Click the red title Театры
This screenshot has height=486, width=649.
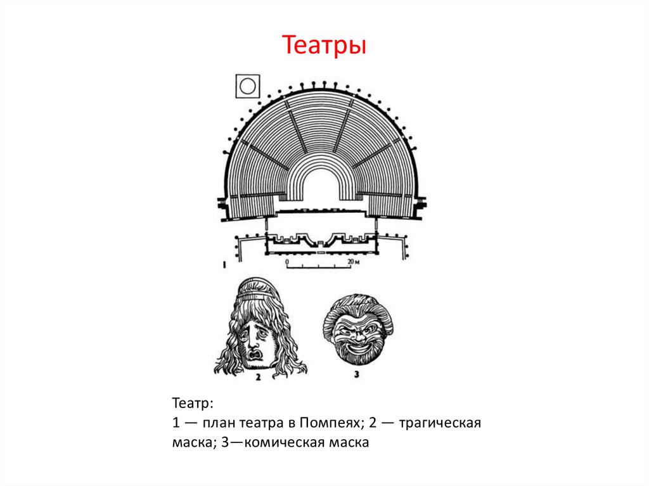[x=324, y=46]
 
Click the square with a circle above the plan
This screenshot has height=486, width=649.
[x=247, y=85]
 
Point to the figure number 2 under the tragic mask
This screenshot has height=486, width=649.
[x=257, y=377]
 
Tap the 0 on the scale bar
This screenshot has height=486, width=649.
[x=286, y=260]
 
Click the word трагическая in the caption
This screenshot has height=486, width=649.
[x=442, y=423]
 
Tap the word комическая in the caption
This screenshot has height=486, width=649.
[x=278, y=442]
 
